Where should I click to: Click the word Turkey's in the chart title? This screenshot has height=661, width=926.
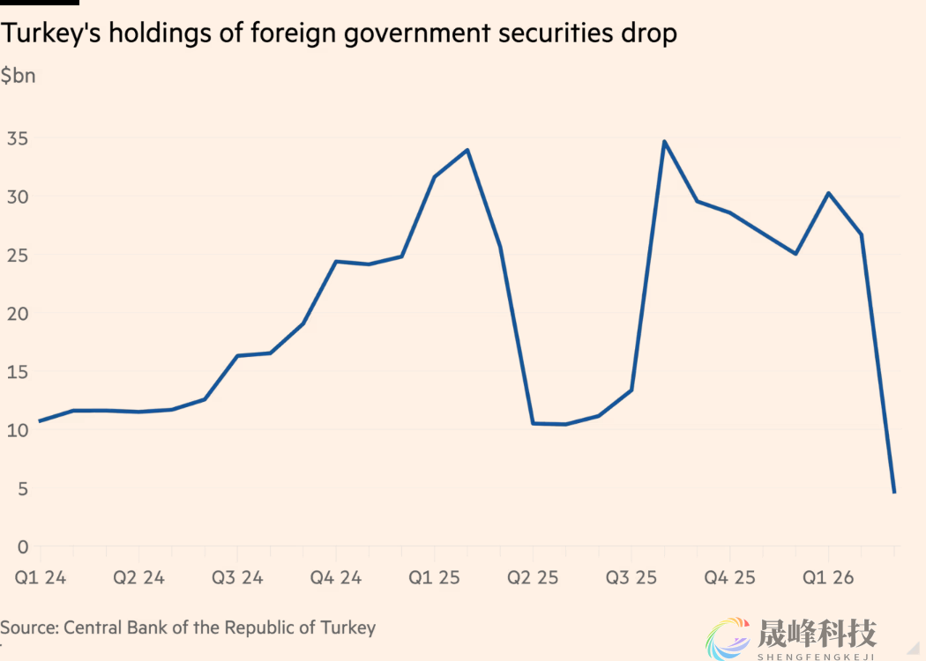(x=49, y=33)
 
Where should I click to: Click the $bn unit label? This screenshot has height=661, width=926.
(x=18, y=76)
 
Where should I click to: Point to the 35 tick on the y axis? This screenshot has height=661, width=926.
(x=18, y=138)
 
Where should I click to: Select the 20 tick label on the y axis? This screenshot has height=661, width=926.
(x=18, y=314)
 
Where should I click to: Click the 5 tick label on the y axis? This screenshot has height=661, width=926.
(x=22, y=488)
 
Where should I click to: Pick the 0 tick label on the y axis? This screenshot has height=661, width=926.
(x=22, y=547)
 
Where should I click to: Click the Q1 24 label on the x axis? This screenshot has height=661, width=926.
(x=41, y=578)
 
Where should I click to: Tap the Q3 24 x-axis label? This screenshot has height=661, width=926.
(x=237, y=578)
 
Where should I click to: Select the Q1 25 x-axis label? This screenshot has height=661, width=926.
(x=434, y=578)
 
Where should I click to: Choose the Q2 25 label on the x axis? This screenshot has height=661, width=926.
(x=533, y=578)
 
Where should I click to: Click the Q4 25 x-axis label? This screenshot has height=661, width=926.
(x=730, y=578)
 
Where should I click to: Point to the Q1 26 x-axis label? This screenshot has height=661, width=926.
(x=828, y=578)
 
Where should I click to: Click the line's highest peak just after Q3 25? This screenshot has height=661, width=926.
(x=664, y=141)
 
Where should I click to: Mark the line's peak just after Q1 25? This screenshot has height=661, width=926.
(x=467, y=150)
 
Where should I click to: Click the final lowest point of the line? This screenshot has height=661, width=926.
(x=894, y=492)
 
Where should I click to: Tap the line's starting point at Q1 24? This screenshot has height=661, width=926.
(x=40, y=421)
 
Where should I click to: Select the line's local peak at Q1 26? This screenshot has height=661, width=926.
(x=828, y=193)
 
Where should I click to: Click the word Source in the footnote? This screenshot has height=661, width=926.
(x=27, y=628)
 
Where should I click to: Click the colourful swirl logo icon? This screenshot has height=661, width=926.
(x=727, y=637)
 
